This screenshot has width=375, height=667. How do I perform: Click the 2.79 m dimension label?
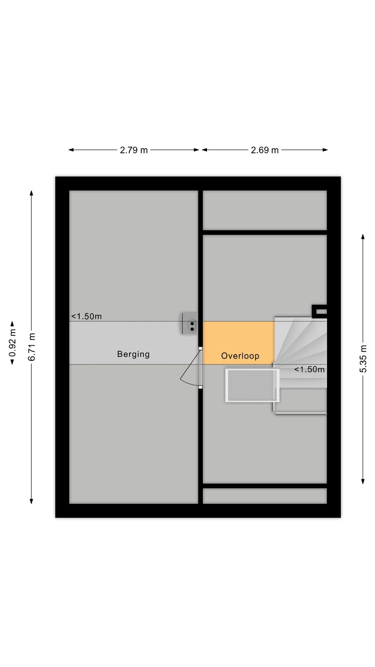click(x=134, y=150)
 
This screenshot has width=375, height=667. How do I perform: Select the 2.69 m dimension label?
click(x=265, y=150)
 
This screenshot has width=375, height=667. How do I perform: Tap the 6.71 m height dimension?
click(x=32, y=347)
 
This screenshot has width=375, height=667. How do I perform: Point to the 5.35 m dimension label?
click(x=363, y=359)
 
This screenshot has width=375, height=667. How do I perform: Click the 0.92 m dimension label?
click(x=12, y=343)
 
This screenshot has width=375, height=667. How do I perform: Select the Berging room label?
click(x=133, y=354)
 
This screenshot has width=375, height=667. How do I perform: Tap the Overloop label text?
click(x=240, y=356)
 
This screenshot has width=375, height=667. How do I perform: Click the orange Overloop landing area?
click(x=239, y=343)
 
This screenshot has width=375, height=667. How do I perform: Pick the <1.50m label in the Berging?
click(x=86, y=316)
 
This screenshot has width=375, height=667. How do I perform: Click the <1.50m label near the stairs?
click(x=309, y=369)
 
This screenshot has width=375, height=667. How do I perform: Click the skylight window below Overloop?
click(x=252, y=385)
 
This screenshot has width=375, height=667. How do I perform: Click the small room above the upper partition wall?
click(x=265, y=210)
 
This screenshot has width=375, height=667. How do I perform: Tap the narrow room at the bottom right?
click(x=265, y=496)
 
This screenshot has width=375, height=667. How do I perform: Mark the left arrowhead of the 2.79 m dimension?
click(x=71, y=150)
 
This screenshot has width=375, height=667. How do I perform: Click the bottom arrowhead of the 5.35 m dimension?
click(x=363, y=481)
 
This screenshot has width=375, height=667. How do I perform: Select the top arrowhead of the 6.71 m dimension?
click(x=32, y=193)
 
